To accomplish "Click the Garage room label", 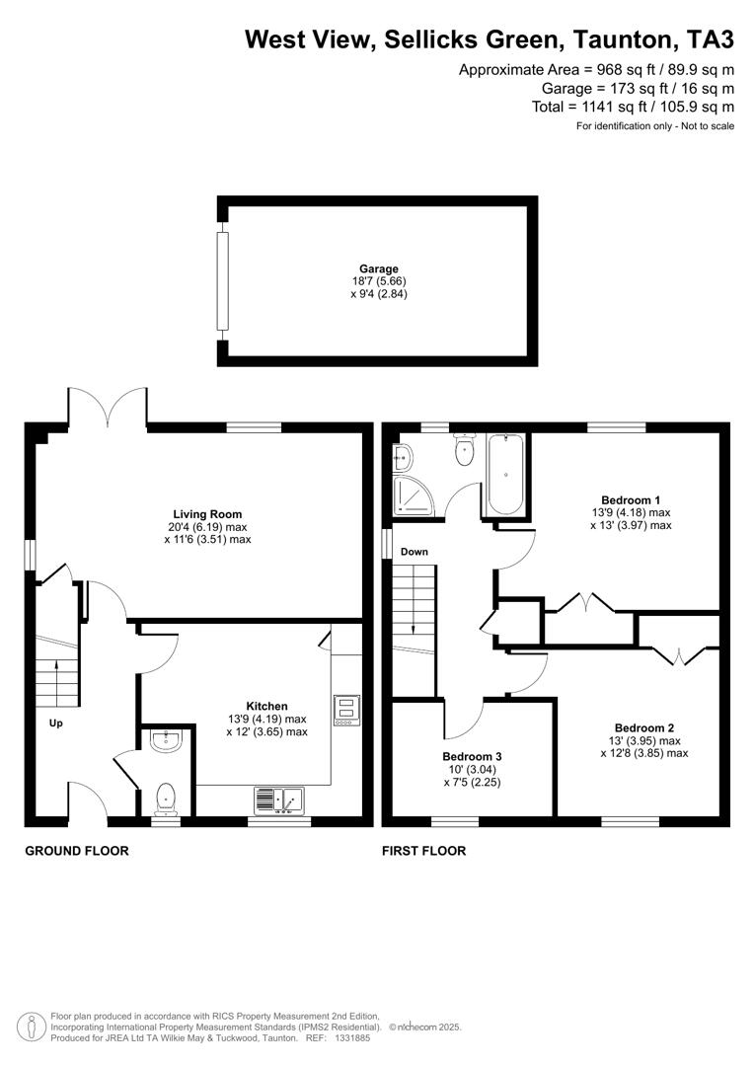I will click(378, 268).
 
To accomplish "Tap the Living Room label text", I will click(207, 514).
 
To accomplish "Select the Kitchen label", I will click(266, 706).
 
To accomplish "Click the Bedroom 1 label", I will click(631, 499).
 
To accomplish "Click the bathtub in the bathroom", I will click(505, 474).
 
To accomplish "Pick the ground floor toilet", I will click(165, 798).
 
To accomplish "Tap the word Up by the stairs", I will click(56, 723).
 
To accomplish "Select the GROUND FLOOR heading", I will click(77, 851).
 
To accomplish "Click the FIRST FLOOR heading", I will click(424, 851).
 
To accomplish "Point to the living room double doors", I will click(108, 408).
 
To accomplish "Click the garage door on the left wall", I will click(223, 281).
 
